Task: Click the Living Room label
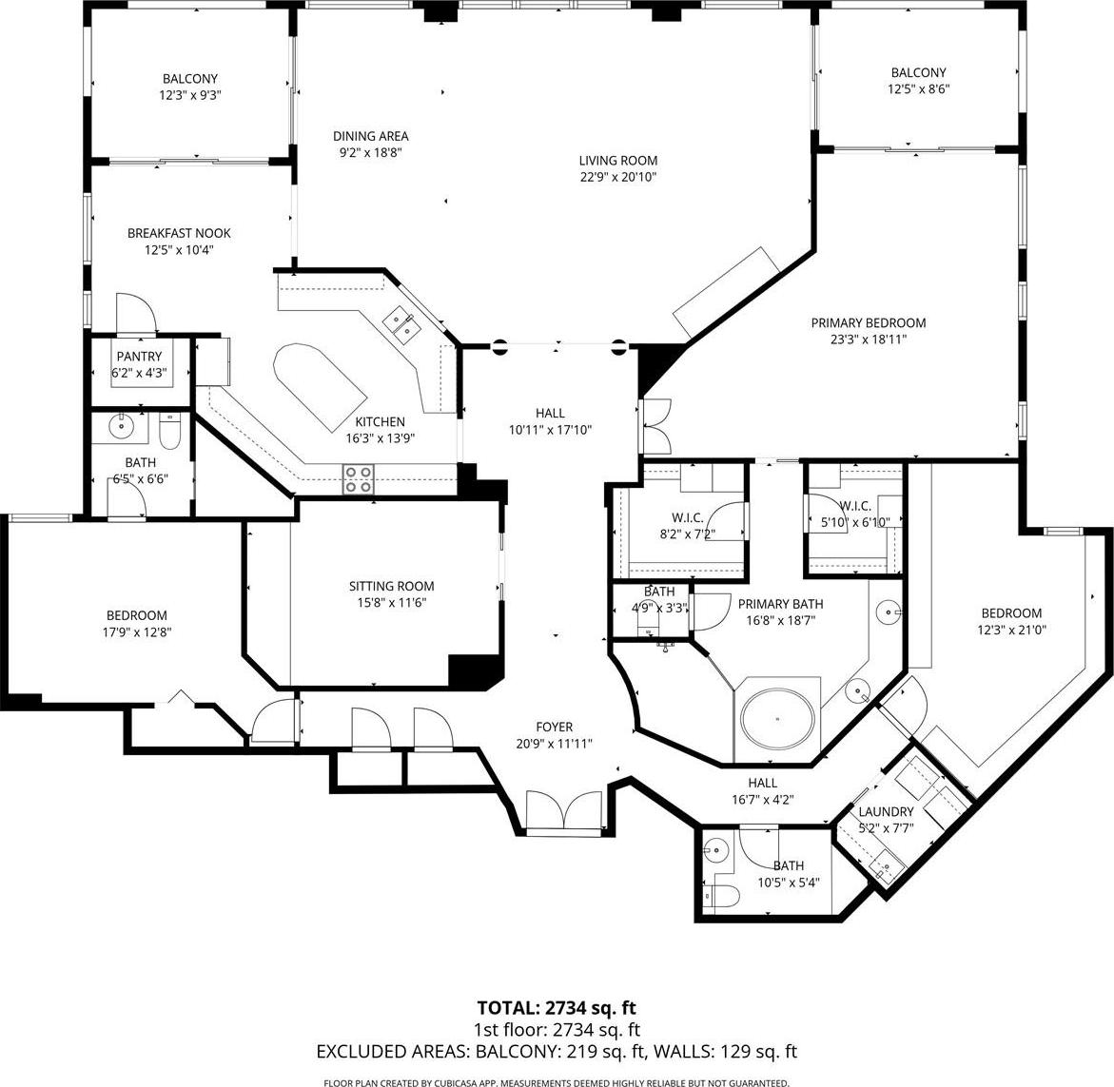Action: (x=618, y=161)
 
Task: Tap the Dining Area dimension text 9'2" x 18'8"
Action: (x=371, y=152)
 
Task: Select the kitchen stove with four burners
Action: (x=359, y=478)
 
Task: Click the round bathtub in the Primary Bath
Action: (x=777, y=719)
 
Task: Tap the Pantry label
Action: (x=139, y=357)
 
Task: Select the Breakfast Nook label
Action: (x=179, y=233)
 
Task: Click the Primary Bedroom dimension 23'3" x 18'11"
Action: (x=869, y=340)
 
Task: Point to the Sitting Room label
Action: (x=391, y=586)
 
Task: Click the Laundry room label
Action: (x=886, y=811)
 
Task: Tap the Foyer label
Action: (x=555, y=727)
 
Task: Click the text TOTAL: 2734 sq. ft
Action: (x=557, y=1007)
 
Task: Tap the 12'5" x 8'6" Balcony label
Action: (x=919, y=72)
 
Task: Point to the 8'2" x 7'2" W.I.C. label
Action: (x=687, y=518)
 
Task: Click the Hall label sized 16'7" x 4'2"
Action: (x=762, y=783)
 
